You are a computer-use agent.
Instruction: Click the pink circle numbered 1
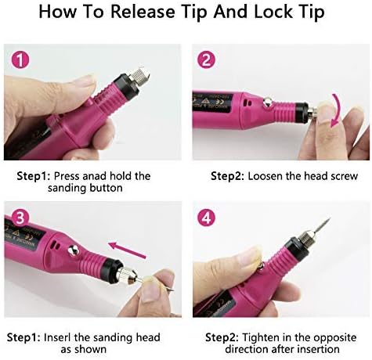(x=20, y=60)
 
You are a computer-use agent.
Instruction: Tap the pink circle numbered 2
(x=206, y=60)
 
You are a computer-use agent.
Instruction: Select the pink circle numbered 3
(x=20, y=218)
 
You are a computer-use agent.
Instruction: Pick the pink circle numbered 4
(x=206, y=218)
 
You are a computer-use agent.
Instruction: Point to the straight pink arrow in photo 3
(x=127, y=250)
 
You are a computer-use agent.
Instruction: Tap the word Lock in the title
(x=273, y=12)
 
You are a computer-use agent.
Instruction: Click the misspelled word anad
(x=95, y=176)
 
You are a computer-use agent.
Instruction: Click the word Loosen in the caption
(x=265, y=176)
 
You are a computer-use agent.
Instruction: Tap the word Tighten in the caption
(x=261, y=337)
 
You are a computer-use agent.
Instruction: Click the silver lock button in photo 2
(x=267, y=102)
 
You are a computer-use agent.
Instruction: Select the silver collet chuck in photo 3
(x=129, y=275)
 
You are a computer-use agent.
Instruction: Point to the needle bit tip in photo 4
(x=330, y=218)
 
